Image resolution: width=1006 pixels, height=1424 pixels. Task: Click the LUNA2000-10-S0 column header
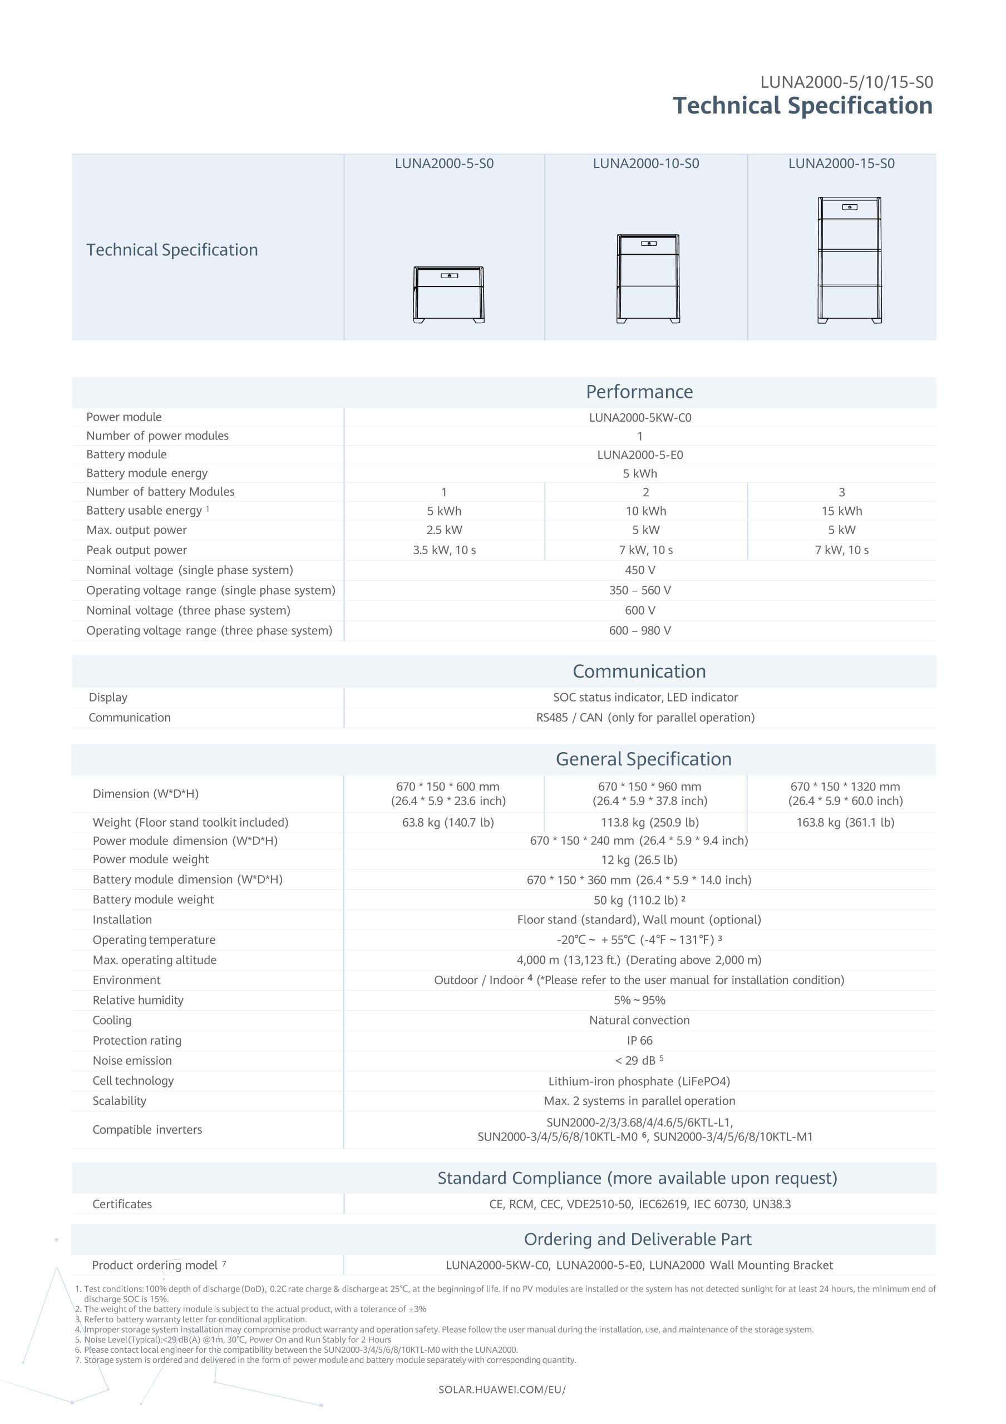(x=645, y=164)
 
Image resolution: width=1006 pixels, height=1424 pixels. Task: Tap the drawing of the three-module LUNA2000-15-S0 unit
(x=849, y=260)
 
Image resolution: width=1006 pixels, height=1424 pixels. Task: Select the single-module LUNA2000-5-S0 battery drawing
(x=448, y=295)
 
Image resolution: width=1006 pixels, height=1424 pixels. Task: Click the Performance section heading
(x=639, y=392)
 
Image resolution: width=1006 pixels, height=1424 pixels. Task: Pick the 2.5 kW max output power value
(x=444, y=530)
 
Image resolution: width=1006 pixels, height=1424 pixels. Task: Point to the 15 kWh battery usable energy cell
(x=842, y=511)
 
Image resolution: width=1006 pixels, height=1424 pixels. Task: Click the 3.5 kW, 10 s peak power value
(x=444, y=550)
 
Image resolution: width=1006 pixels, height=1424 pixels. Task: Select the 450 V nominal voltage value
(x=639, y=570)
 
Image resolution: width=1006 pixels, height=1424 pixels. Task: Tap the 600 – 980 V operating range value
(x=639, y=631)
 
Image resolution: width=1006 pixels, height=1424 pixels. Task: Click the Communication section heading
(x=639, y=672)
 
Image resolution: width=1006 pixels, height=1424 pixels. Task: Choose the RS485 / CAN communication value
(x=645, y=718)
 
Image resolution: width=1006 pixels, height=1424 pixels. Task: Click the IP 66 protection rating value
(x=639, y=1041)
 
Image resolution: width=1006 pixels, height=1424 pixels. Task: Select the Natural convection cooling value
(x=639, y=1020)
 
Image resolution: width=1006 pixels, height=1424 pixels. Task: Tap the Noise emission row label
(x=132, y=1061)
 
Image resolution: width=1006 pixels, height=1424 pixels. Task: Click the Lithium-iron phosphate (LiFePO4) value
(x=639, y=1082)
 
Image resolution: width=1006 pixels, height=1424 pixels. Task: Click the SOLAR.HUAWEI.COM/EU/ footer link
(x=502, y=1390)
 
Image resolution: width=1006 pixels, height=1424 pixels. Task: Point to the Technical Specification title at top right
(x=802, y=106)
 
